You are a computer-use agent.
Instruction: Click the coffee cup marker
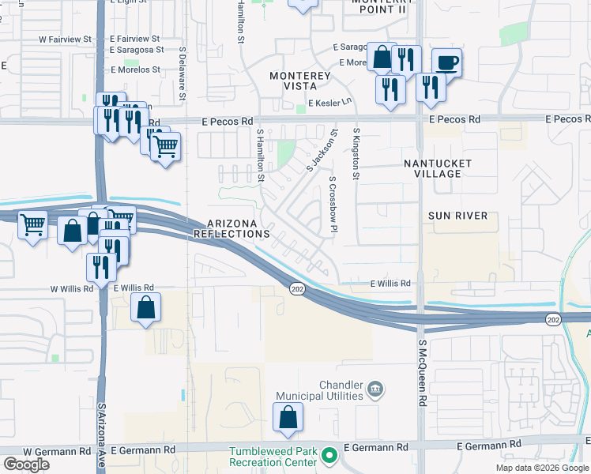(447, 62)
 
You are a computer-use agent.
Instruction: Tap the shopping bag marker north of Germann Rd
(288, 416)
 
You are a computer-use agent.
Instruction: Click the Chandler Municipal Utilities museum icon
(375, 389)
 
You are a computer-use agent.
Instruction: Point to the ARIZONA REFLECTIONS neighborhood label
(232, 229)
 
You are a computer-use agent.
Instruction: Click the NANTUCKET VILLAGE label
(438, 168)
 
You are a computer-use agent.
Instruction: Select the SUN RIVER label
(457, 215)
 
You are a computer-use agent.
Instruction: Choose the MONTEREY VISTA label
(299, 81)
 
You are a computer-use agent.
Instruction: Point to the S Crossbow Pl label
(333, 204)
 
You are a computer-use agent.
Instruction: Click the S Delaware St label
(182, 73)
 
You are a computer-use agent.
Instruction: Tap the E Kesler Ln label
(331, 103)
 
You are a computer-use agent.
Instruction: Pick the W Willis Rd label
(72, 289)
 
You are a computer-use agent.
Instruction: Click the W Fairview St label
(66, 38)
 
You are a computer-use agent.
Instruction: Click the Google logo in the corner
(26, 465)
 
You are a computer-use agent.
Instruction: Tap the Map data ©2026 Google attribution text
(541, 468)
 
